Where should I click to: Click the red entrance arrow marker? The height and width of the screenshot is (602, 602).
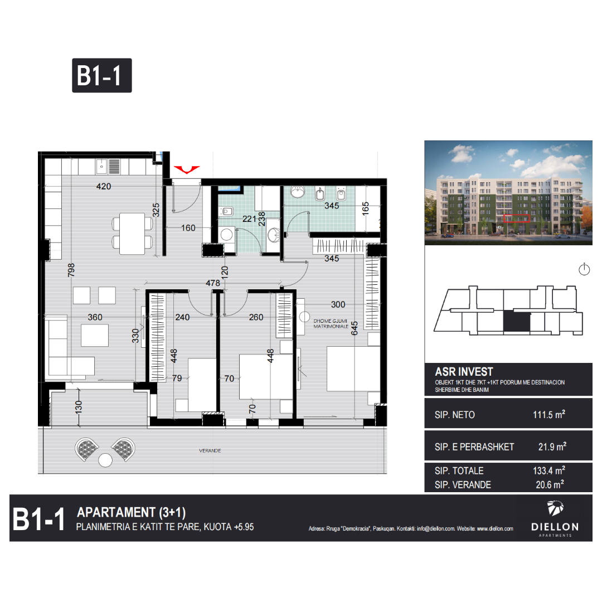click(187, 169)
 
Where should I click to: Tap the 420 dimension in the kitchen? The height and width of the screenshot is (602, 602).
click(104, 187)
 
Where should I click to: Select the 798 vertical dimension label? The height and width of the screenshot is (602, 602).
click(71, 270)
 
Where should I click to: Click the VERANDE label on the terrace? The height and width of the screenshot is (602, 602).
click(210, 451)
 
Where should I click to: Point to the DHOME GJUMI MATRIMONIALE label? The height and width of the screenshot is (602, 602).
click(331, 324)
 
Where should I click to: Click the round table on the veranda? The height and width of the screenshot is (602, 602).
click(105, 460)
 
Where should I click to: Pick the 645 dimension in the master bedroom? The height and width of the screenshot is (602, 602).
click(355, 328)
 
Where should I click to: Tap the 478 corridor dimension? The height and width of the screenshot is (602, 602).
click(213, 283)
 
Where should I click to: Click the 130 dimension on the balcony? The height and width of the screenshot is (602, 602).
click(79, 407)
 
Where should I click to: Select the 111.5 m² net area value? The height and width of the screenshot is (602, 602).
click(548, 415)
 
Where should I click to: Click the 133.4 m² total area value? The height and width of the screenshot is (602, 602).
click(548, 470)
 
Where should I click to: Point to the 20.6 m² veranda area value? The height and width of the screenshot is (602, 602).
click(550, 484)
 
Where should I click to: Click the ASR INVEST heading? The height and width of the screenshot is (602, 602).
click(464, 372)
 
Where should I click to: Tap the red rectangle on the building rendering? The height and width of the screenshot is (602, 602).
click(516, 219)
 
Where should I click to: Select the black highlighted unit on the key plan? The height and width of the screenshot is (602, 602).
click(517, 322)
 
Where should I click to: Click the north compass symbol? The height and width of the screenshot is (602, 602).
click(584, 269)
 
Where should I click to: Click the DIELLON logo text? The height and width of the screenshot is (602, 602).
click(555, 527)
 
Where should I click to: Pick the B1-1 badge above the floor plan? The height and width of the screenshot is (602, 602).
click(102, 76)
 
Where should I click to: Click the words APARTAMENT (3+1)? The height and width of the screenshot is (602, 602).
click(131, 513)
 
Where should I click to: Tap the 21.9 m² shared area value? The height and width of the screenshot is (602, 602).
click(552, 447)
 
